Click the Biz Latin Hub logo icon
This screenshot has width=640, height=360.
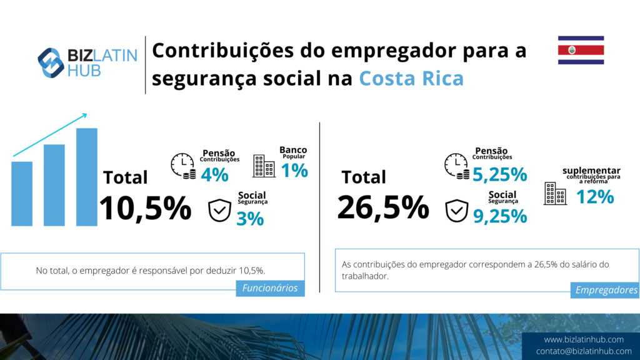coord(51,62)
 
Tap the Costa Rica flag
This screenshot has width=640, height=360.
coord(581,50)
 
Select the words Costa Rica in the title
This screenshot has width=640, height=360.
coord(411,79)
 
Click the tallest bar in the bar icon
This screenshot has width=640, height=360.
coord(87,176)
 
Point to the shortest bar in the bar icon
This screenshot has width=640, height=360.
coord(22,193)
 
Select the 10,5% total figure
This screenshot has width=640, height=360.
coord(145,208)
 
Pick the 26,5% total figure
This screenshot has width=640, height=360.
coord(383,207)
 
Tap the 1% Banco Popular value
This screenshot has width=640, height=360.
coord(294,170)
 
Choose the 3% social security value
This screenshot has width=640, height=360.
coord(250,219)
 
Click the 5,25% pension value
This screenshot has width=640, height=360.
coord(499,174)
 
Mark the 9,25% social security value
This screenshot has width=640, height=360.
coord(499,216)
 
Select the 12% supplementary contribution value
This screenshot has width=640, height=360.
coord(594,197)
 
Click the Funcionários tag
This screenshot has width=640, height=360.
coord(271,287)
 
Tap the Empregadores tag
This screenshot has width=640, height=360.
coord(606,290)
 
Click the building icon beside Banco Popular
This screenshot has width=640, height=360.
coord(263,166)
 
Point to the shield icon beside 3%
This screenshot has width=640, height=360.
coord(219,211)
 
